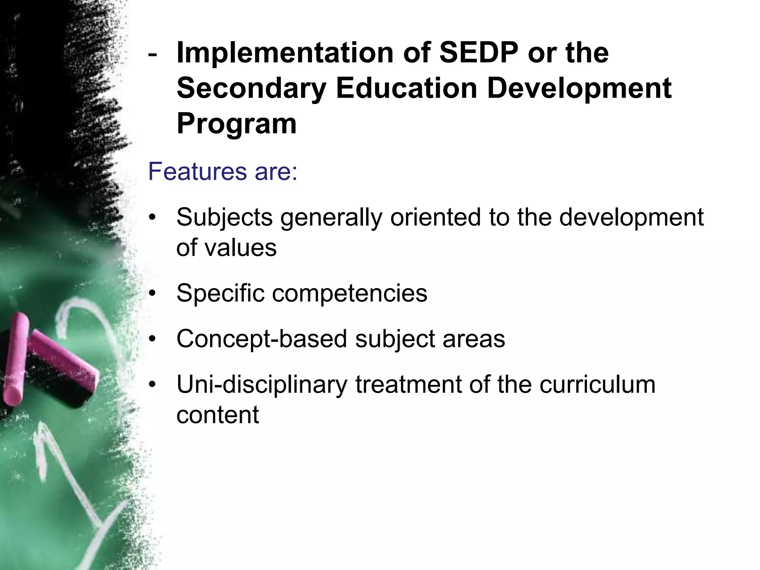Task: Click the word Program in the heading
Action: (236, 124)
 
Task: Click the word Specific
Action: (220, 293)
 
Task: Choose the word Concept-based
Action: (262, 339)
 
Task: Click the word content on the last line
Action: (217, 415)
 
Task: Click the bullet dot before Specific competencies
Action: (151, 294)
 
